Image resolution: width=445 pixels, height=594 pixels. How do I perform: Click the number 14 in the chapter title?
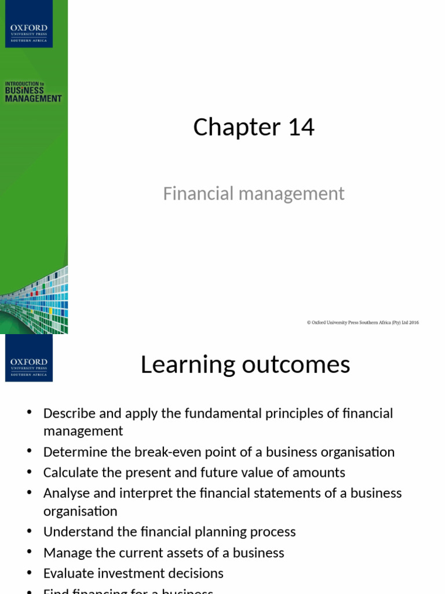[301, 128]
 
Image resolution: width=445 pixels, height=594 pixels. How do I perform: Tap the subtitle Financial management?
[254, 193]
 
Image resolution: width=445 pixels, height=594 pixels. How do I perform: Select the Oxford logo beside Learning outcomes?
[29, 358]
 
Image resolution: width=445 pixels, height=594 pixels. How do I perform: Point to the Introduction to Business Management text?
[33, 92]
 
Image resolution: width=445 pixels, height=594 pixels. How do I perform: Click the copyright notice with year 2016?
[363, 323]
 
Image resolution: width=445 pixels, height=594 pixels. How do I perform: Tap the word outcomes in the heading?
[290, 365]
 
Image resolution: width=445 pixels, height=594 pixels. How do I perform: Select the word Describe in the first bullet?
[67, 414]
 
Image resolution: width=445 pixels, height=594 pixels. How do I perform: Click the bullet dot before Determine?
[30, 451]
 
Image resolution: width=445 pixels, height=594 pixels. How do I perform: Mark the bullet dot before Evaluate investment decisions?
[30, 572]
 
